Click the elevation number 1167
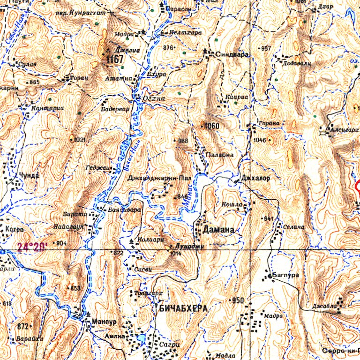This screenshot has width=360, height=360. (115, 60)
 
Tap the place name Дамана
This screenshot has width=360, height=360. (217, 230)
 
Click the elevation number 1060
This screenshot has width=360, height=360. (210, 126)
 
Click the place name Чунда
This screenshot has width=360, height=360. (29, 175)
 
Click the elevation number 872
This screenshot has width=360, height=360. (22, 326)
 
